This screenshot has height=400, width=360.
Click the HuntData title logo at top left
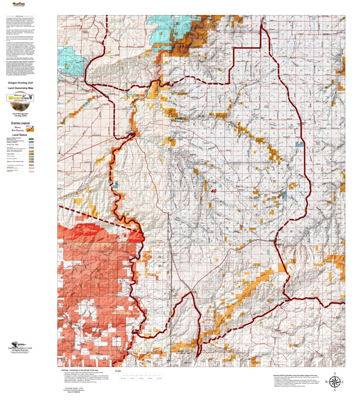pyautogui.click(x=19, y=4)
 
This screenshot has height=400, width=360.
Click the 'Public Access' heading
pyautogui.click(x=19, y=16)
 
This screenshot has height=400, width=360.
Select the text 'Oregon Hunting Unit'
pyautogui.click(x=20, y=83)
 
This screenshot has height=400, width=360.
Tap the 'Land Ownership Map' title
pyautogui.click(x=20, y=88)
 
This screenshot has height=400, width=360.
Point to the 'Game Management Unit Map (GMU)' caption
pyautogui.click(x=20, y=114)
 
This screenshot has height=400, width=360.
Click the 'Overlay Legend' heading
pyautogui.click(x=20, y=123)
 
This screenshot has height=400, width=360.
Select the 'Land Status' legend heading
pyautogui.click(x=20, y=135)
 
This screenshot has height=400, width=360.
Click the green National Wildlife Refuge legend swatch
pyautogui.click(x=31, y=139)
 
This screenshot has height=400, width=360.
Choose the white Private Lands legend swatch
pyautogui.click(x=31, y=145)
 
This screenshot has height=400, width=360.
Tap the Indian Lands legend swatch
pyautogui.click(x=31, y=154)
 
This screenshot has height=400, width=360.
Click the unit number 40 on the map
pyautogui.click(x=213, y=191)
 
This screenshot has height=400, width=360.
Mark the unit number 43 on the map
pyautogui.click(x=184, y=46)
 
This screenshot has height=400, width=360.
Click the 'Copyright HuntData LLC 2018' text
pyautogui.click(x=20, y=348)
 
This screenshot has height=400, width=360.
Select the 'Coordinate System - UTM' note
pyautogui.click(x=74, y=388)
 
